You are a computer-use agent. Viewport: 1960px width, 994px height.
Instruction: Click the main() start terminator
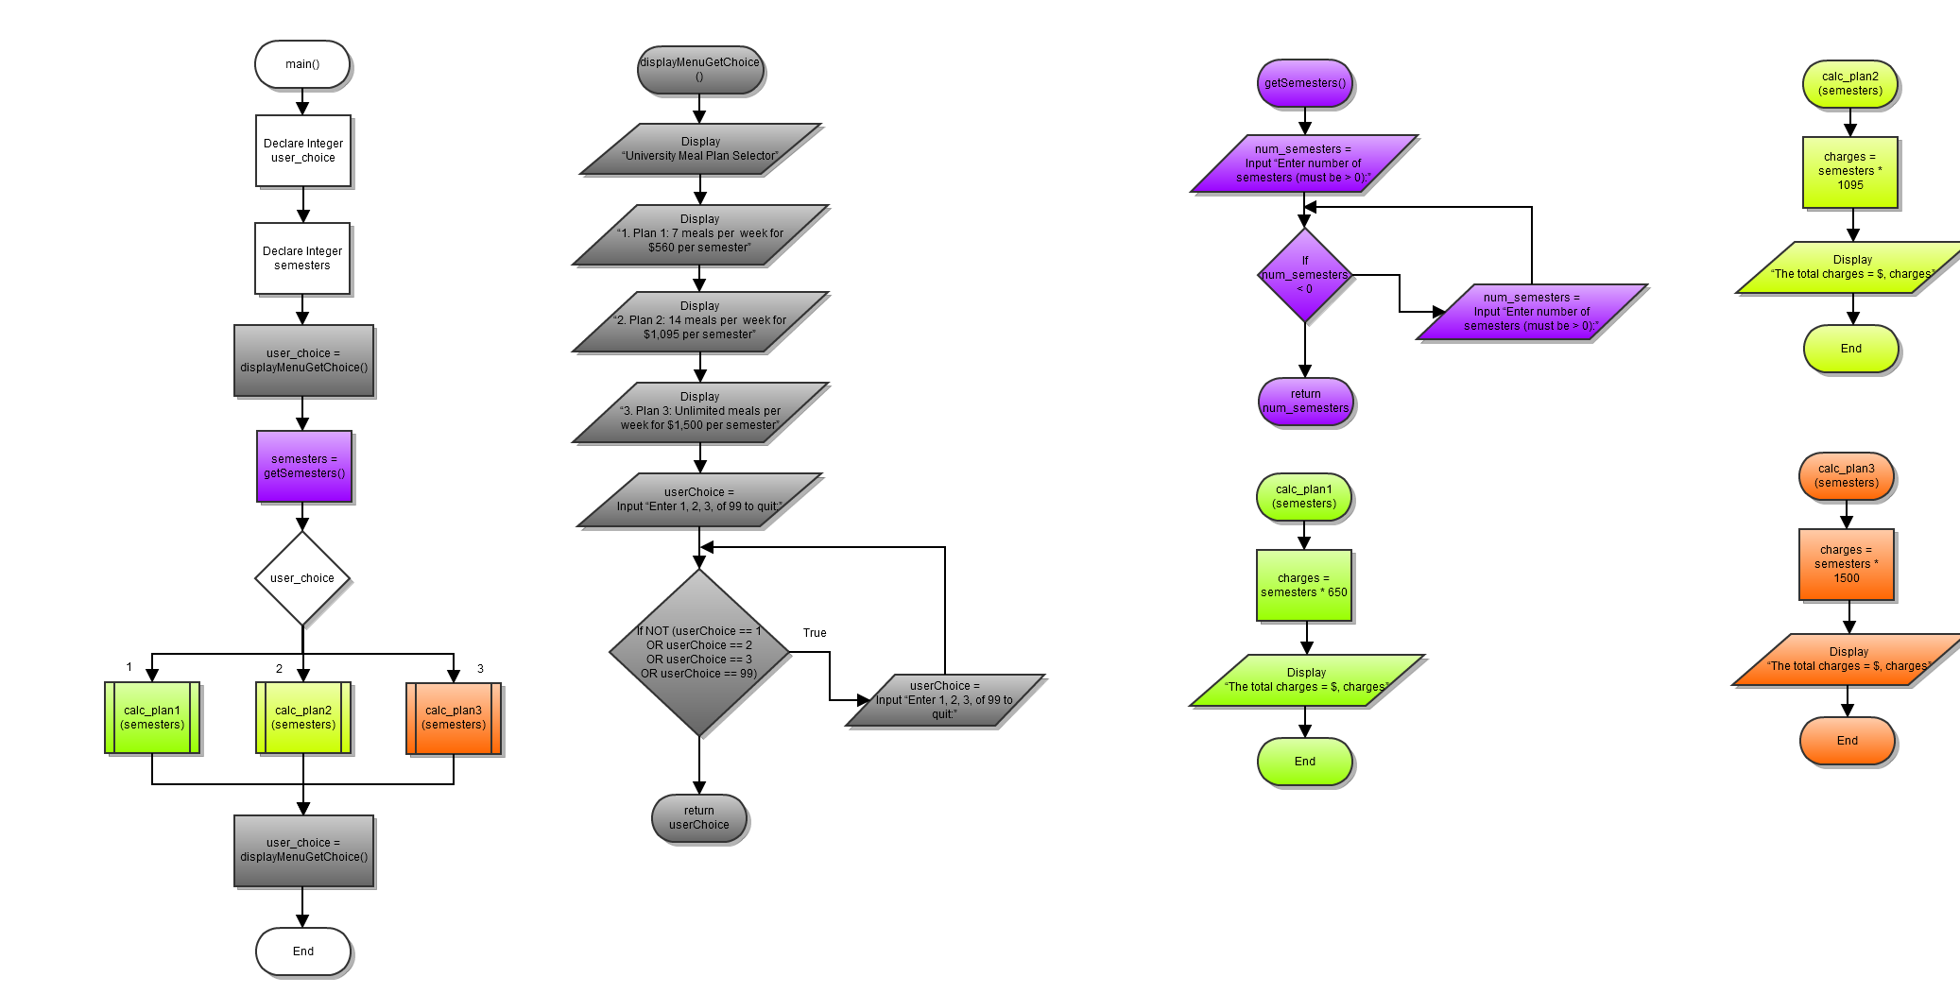pyautogui.click(x=302, y=64)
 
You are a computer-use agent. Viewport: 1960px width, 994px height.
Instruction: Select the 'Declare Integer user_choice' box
pyautogui.click(x=302, y=151)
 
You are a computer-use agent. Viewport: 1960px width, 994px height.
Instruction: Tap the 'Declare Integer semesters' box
pyautogui.click(x=302, y=258)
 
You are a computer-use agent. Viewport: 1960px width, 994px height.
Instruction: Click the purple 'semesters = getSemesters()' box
pyautogui.click(x=303, y=466)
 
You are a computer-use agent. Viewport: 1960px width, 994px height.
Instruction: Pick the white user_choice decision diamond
pyautogui.click(x=302, y=578)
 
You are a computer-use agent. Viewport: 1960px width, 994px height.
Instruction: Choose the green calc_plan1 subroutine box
pyautogui.click(x=152, y=718)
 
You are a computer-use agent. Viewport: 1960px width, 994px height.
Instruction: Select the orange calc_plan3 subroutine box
pyautogui.click(x=454, y=718)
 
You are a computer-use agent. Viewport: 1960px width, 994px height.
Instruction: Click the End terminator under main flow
pyautogui.click(x=302, y=951)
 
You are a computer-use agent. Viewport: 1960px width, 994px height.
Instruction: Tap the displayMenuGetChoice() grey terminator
pyautogui.click(x=699, y=70)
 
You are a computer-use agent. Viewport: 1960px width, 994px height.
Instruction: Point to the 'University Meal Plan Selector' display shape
pyautogui.click(x=700, y=149)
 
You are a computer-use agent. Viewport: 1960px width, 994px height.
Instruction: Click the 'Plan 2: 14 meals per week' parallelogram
pyautogui.click(x=700, y=321)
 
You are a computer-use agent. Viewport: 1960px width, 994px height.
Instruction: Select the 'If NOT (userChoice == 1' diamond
pyautogui.click(x=699, y=652)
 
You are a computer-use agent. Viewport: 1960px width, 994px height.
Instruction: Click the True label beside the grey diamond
pyautogui.click(x=815, y=633)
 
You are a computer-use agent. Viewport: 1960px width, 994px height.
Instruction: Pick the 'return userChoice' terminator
pyautogui.click(x=699, y=818)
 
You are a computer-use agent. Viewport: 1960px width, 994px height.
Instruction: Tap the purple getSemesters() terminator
pyautogui.click(x=1305, y=83)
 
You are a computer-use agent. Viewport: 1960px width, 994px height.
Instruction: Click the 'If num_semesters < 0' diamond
pyautogui.click(x=1305, y=275)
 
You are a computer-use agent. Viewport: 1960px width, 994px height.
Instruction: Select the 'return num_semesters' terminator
pyautogui.click(x=1306, y=402)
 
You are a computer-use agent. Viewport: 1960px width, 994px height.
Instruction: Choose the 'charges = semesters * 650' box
pyautogui.click(x=1304, y=586)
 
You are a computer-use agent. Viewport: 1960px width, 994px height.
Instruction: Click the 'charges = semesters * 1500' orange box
pyautogui.click(x=1847, y=564)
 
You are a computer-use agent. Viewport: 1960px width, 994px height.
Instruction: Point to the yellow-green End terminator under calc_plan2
pyautogui.click(x=1850, y=349)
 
